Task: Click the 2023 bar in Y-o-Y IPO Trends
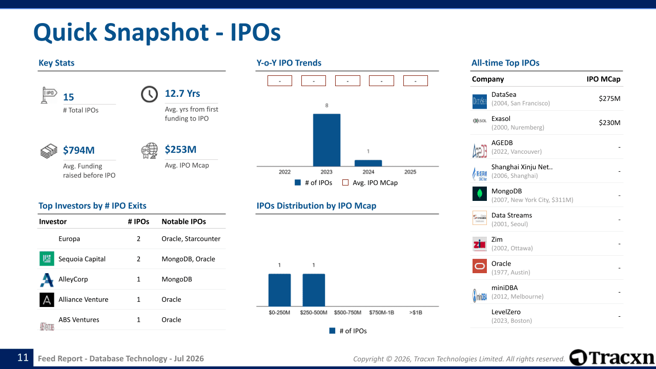[326, 140]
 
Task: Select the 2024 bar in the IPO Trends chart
[368, 163]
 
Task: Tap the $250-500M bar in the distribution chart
[314, 290]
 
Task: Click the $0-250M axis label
[279, 313]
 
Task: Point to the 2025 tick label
[410, 172]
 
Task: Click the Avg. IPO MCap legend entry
[370, 183]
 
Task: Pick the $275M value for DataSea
[609, 98]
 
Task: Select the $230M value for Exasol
[609, 122]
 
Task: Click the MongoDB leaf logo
[480, 194]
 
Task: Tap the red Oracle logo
[480, 266]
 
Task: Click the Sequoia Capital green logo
[47, 259]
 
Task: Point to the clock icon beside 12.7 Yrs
[149, 94]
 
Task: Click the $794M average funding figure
[79, 150]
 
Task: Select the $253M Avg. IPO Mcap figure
[180, 149]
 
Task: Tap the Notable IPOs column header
[183, 222]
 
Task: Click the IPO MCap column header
[604, 79]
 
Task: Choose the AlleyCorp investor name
[73, 279]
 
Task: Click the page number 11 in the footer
[23, 357]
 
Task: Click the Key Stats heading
[56, 63]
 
